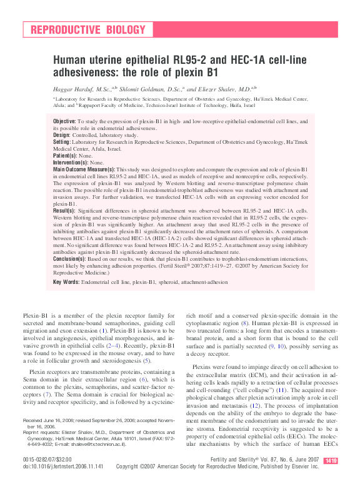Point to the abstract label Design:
[62, 134]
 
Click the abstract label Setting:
[63, 142]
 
